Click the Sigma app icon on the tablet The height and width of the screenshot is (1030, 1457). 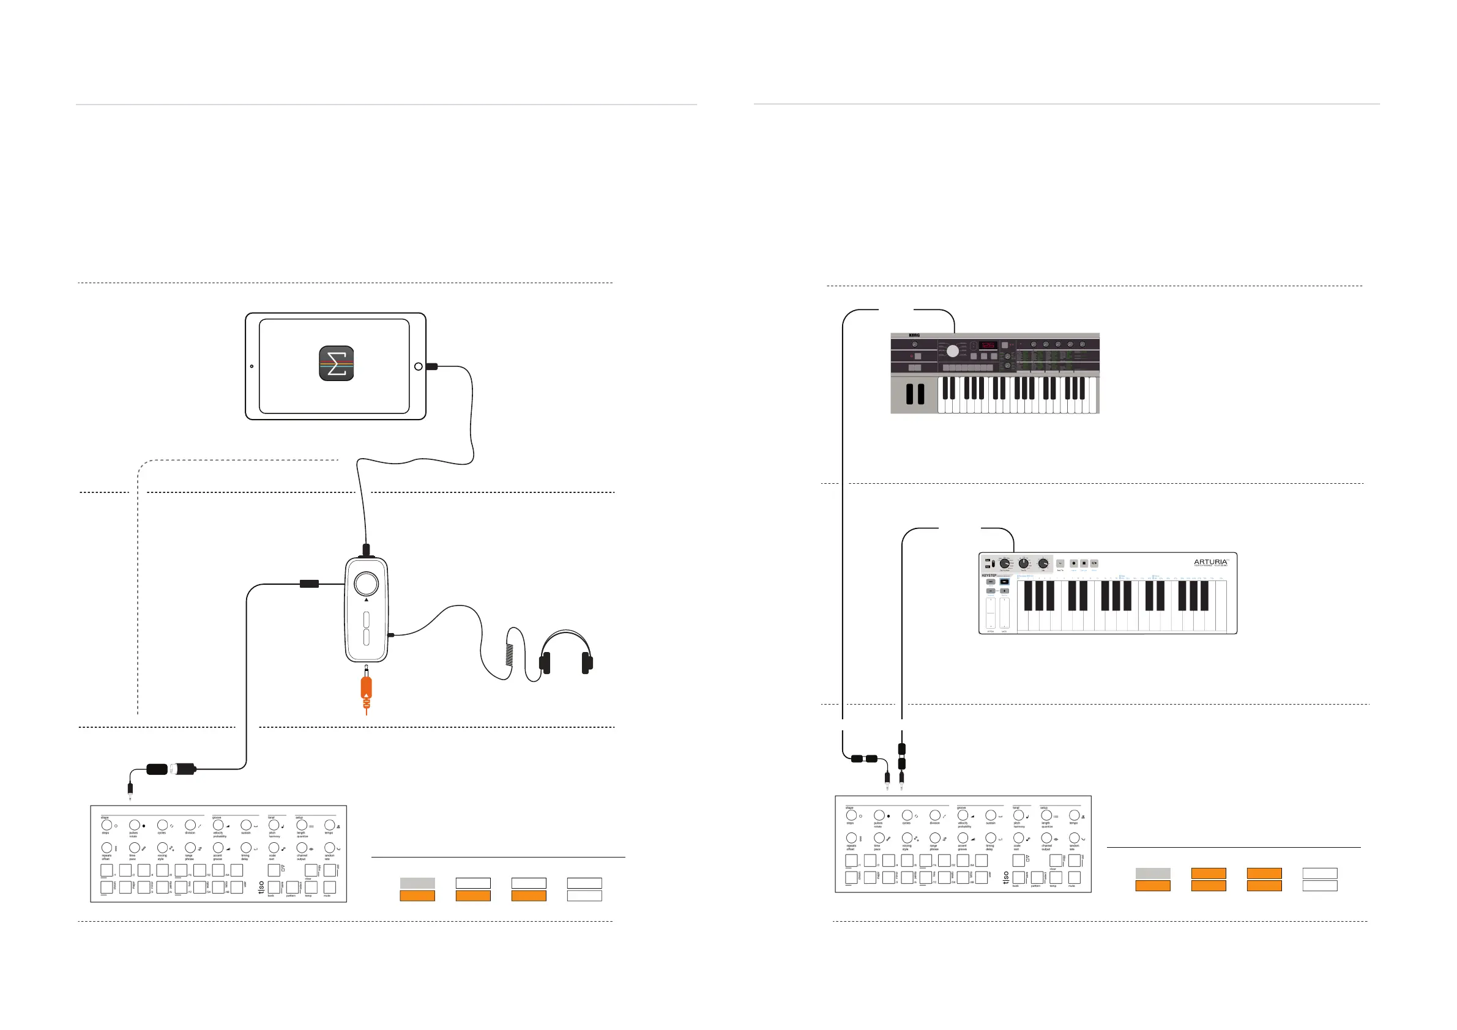click(337, 363)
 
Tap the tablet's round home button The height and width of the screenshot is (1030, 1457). click(418, 366)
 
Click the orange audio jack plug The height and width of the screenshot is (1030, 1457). click(366, 691)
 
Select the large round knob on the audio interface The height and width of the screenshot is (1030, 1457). click(366, 583)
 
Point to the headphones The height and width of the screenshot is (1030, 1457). click(565, 653)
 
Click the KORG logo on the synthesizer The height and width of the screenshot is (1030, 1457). click(914, 336)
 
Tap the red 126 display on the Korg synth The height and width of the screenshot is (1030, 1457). click(988, 346)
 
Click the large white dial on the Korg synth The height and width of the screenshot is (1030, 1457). click(953, 351)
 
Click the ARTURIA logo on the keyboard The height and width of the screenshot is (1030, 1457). click(1210, 562)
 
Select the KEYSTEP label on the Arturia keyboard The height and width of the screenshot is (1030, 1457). click(989, 576)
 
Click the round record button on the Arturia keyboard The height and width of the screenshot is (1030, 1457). click(1074, 563)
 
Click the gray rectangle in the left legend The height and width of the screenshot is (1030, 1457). click(417, 883)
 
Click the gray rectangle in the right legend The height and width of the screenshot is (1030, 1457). click(1152, 873)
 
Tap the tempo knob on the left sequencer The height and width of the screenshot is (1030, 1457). click(329, 825)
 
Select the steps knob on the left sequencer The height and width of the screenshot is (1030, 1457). click(106, 825)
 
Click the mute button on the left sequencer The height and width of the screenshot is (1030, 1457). click(329, 887)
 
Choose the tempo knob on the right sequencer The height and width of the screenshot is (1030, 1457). click(1074, 816)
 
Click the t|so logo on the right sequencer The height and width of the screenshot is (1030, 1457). click(1006, 878)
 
